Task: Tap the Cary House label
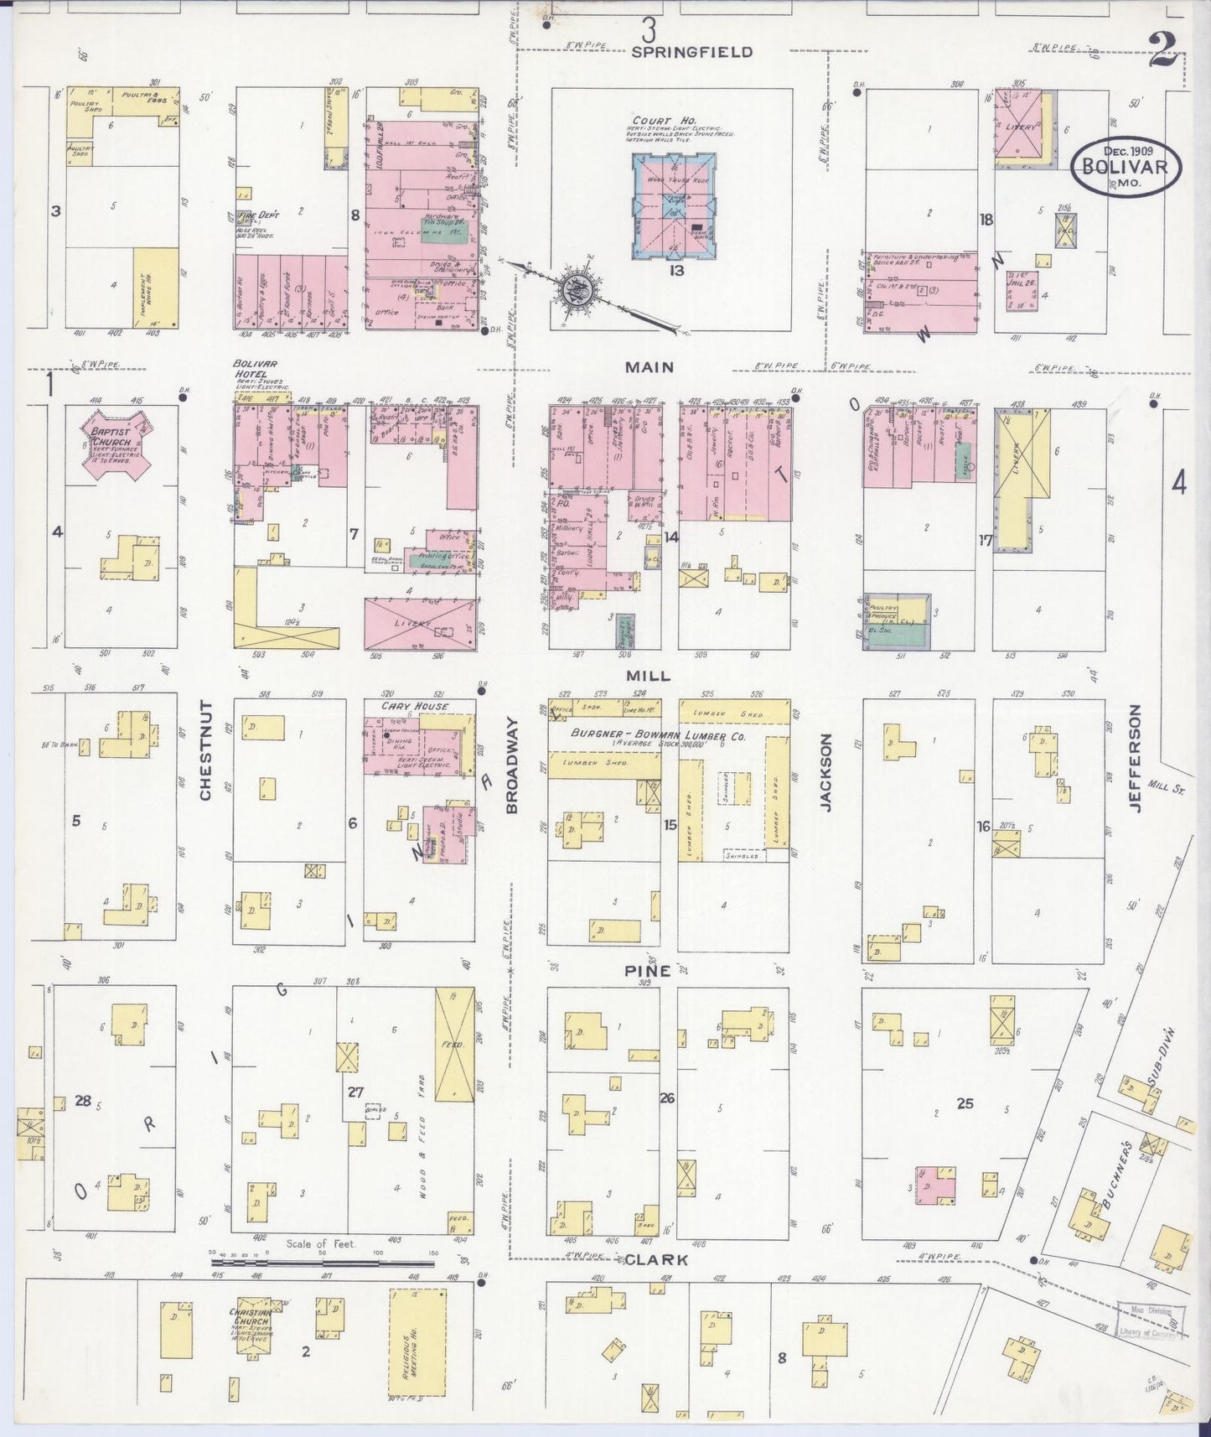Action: (414, 706)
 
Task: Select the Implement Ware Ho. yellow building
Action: (157, 287)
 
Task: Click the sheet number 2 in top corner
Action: (1163, 55)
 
